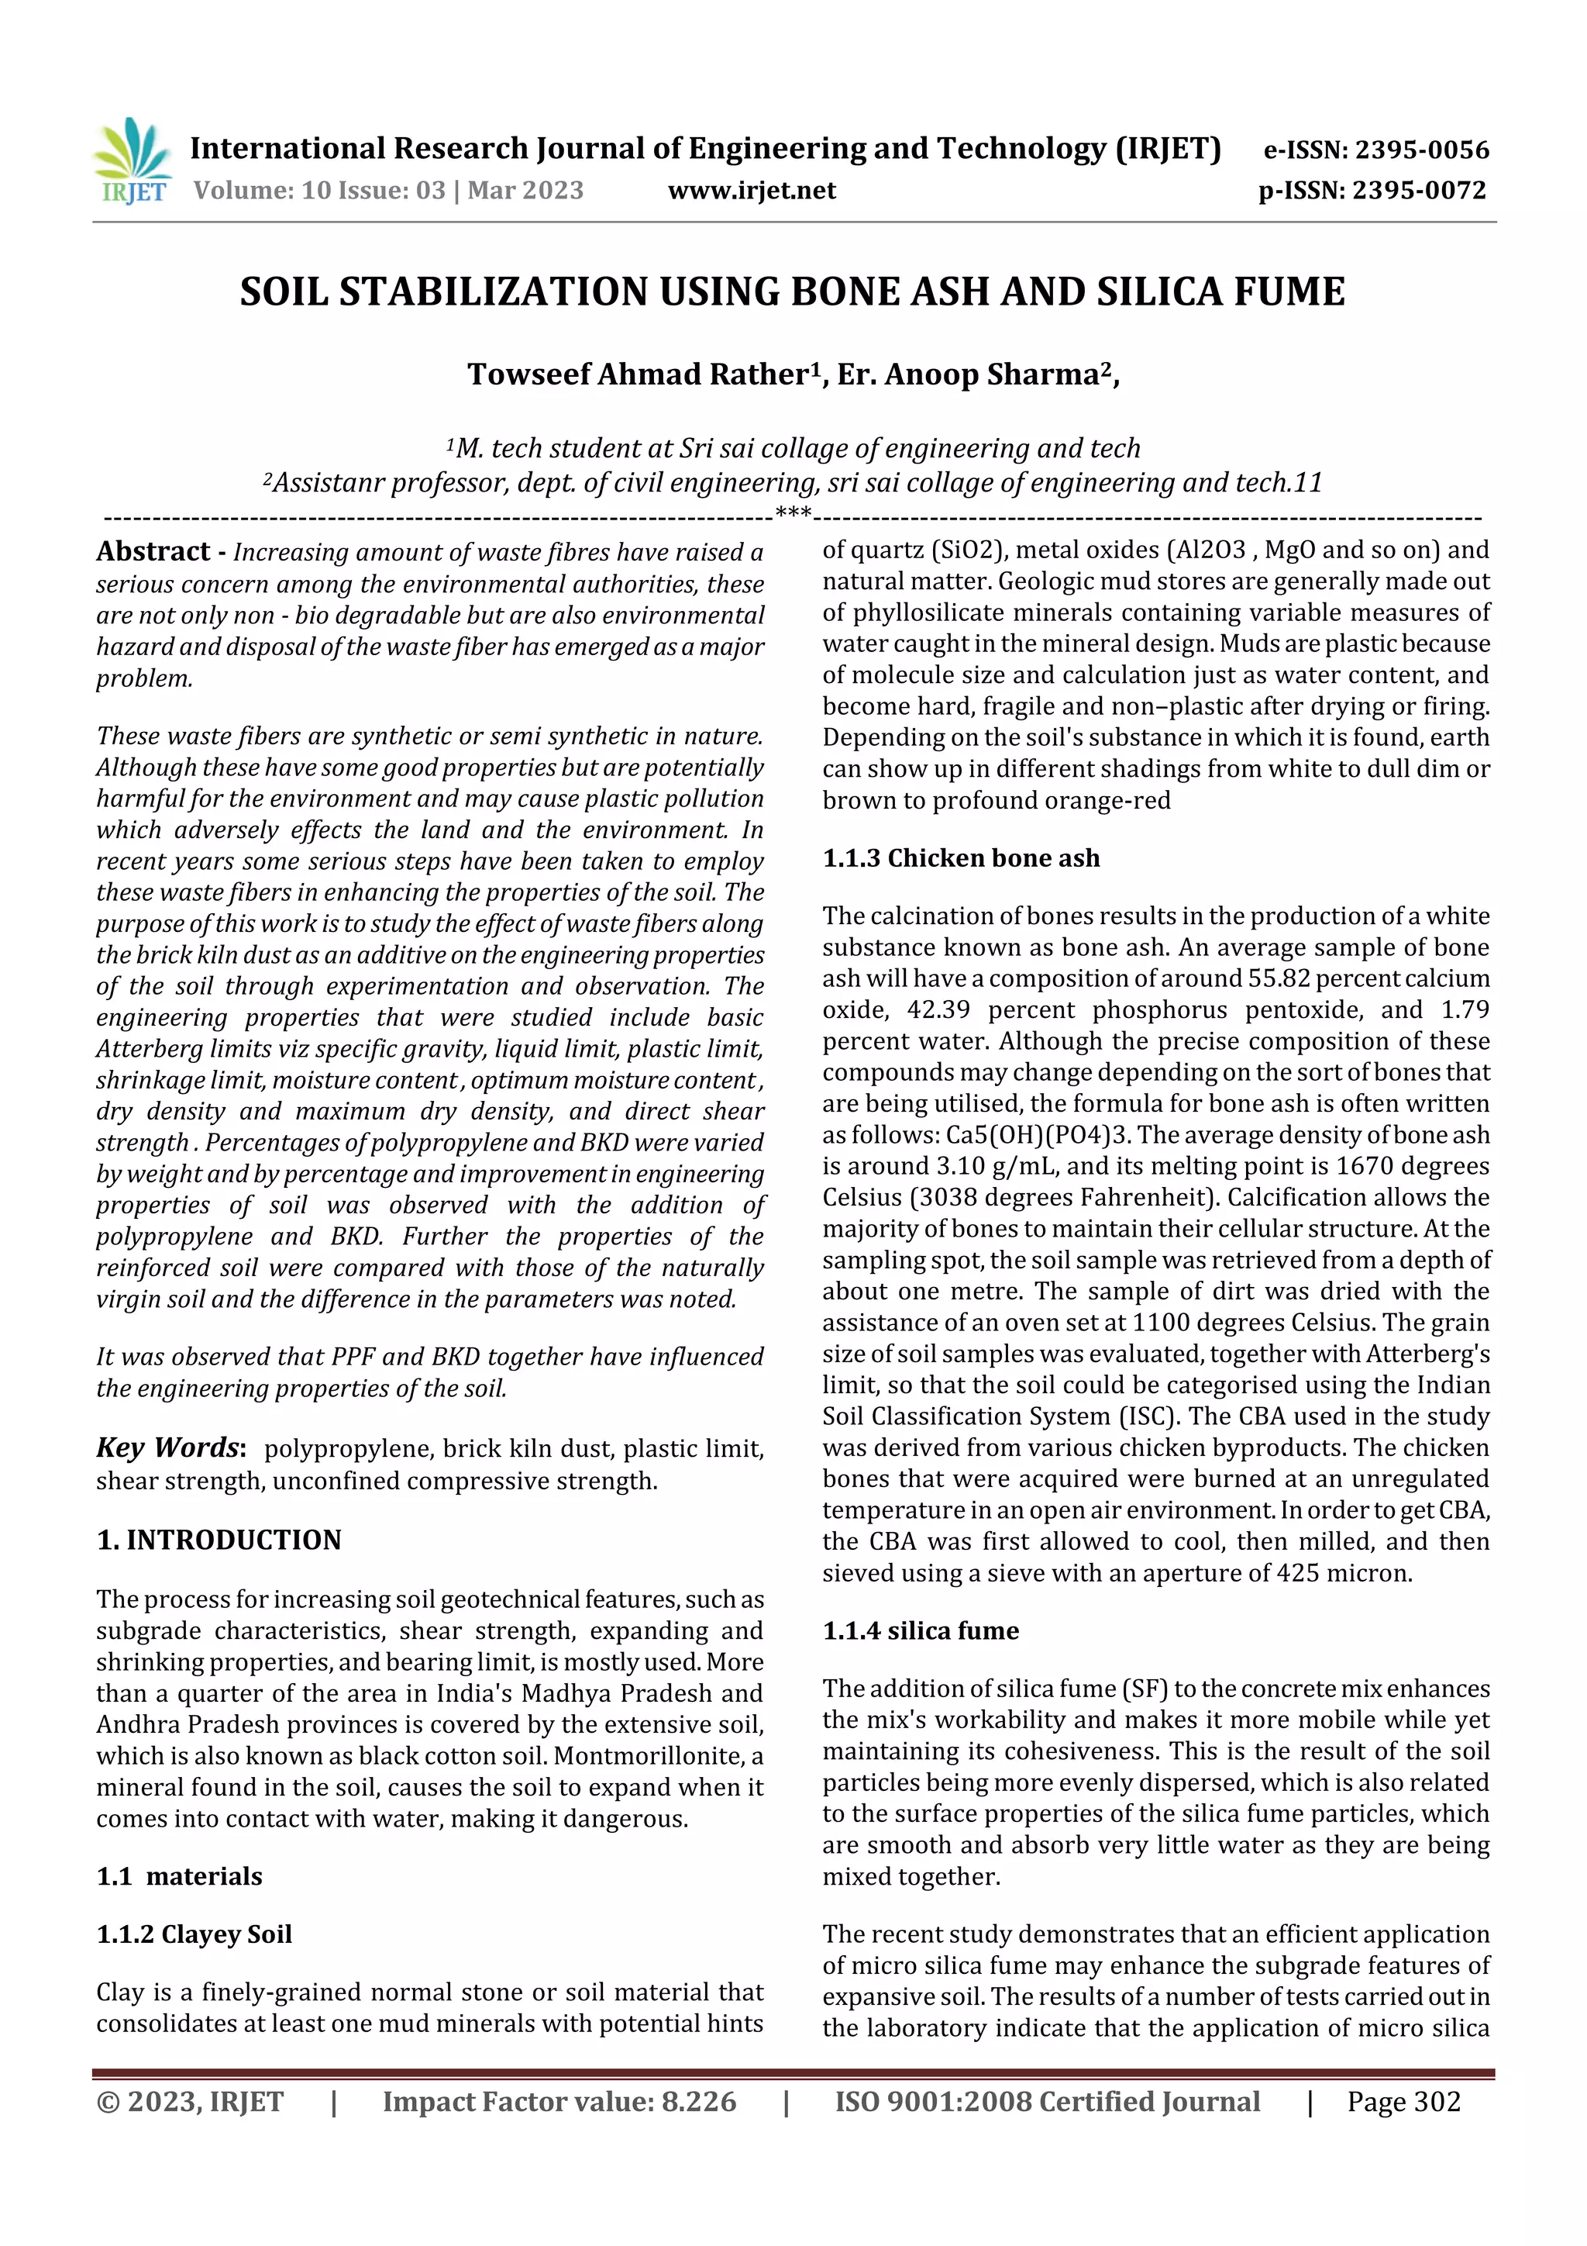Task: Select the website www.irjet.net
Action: (x=752, y=191)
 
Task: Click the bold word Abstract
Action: (x=153, y=552)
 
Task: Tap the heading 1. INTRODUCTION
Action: (x=219, y=1540)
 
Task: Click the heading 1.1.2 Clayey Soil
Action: (x=194, y=1934)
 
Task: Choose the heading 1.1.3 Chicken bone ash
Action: (x=960, y=858)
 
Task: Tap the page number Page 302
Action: (x=1403, y=2101)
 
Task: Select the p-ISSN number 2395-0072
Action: (x=1418, y=191)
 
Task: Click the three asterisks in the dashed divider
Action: (x=792, y=513)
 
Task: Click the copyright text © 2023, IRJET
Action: (x=190, y=2101)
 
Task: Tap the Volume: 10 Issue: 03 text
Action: (x=318, y=191)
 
